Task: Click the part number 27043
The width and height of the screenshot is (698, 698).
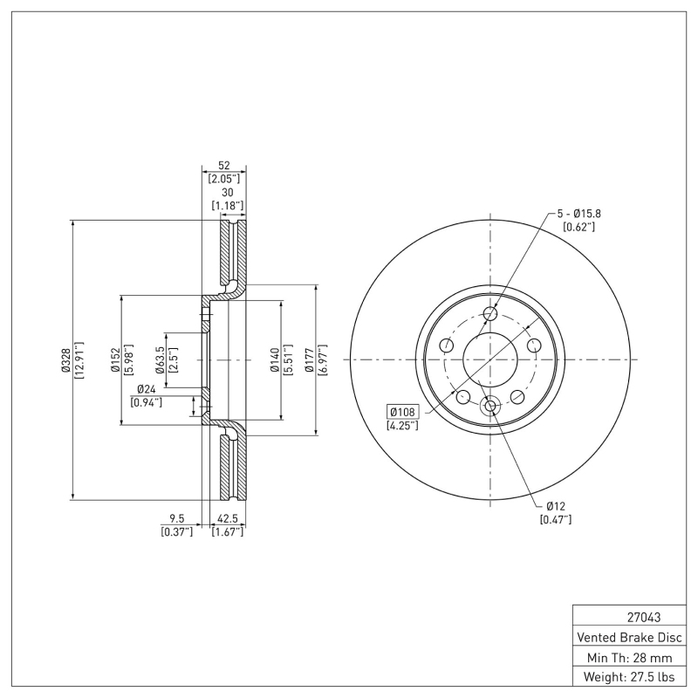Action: coord(644,618)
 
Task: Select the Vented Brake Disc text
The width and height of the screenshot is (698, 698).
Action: coord(629,638)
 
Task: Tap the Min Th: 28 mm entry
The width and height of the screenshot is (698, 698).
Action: coord(629,658)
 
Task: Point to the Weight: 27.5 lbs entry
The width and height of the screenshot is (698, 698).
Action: coord(629,677)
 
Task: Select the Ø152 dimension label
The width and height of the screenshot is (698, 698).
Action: coord(115,359)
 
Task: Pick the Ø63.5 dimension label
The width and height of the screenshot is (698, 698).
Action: coord(160,359)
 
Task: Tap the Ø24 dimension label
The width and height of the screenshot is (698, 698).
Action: coord(147,389)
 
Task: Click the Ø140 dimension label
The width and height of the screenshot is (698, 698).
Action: coord(275,359)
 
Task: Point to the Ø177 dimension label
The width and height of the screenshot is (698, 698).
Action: coord(310,359)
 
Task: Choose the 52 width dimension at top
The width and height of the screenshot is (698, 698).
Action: coord(224,165)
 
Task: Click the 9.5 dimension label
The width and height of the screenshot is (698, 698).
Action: coord(177,518)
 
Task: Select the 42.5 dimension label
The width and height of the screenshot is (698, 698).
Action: coord(227,518)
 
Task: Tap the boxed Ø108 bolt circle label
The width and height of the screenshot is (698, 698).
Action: coord(403,411)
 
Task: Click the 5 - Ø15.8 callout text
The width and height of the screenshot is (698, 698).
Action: coord(579,214)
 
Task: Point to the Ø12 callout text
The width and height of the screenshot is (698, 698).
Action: coord(556,506)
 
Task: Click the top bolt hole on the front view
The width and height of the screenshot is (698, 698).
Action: coord(490,314)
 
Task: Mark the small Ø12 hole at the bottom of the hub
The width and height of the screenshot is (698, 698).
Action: coord(490,406)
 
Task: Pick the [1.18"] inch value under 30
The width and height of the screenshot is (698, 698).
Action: coord(228,206)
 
